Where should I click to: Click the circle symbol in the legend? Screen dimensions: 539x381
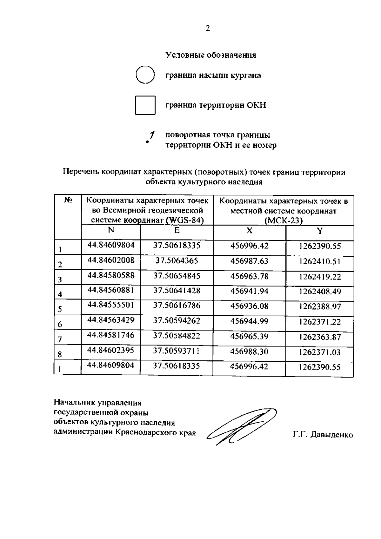[145, 75]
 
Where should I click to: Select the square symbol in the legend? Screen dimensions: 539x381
[145, 105]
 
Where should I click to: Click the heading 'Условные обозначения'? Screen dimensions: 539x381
[211, 55]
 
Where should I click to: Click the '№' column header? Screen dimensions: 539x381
[68, 200]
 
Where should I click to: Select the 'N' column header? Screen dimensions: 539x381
[111, 230]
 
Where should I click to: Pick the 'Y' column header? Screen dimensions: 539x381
[320, 231]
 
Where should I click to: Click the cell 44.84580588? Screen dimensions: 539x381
[111, 275]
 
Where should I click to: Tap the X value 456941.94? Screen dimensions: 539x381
[249, 291]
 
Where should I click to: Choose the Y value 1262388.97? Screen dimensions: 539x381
[320, 306]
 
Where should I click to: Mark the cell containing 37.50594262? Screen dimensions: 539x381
[177, 321]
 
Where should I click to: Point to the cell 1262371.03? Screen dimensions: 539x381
[320, 352]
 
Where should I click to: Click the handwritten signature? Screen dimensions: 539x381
[241, 425]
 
